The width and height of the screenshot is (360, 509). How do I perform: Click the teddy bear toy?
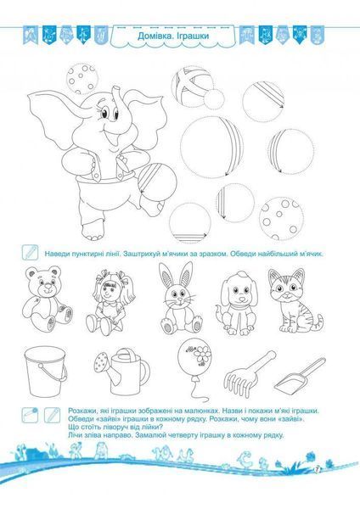(x=47, y=298)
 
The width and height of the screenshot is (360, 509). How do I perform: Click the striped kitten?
(x=293, y=301)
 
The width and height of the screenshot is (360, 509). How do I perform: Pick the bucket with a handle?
(x=46, y=371)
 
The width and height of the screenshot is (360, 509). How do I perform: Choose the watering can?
(x=122, y=371)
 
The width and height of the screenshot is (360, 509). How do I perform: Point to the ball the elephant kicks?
(x=157, y=181)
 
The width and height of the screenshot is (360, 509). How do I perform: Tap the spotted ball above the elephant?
(x=82, y=79)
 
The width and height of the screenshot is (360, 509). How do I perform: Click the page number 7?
(x=317, y=469)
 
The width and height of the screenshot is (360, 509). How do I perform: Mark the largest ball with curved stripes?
(x=211, y=147)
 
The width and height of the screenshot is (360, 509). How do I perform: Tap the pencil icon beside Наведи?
(x=30, y=252)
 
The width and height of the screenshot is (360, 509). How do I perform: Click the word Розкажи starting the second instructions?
(x=80, y=411)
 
